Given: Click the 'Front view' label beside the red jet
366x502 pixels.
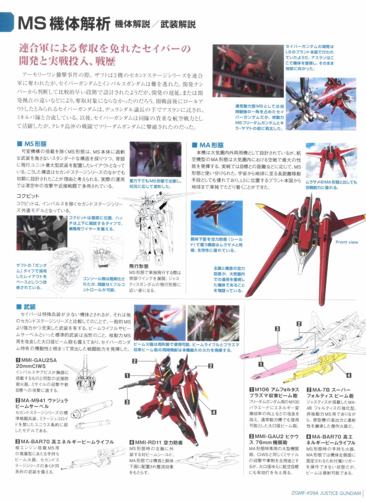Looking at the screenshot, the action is (346, 242).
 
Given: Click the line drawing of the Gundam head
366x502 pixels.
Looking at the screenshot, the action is (85, 373).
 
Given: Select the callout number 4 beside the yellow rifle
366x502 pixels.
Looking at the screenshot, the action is (349, 375).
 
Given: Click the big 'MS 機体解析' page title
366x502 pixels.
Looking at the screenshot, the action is (64, 24).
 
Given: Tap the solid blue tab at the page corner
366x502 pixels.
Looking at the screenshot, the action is (7, 22).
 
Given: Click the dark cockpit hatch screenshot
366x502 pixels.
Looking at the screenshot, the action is (42, 233).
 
